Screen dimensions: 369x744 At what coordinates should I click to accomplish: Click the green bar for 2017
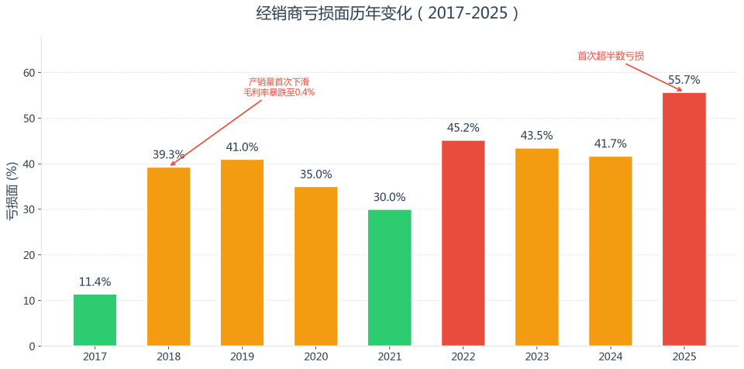click(x=95, y=320)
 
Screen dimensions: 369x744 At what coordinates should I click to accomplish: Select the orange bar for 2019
click(x=242, y=253)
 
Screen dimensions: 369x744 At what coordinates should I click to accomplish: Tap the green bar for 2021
click(x=389, y=278)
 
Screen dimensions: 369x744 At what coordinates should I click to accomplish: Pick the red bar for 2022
click(x=463, y=243)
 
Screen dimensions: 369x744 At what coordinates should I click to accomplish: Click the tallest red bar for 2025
click(x=684, y=219)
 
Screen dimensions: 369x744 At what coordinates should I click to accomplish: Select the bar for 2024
click(x=610, y=251)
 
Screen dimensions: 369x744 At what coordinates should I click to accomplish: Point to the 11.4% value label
click(x=95, y=282)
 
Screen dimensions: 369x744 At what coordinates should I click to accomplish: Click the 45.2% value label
click(x=463, y=128)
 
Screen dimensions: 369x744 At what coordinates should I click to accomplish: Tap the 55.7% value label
click(x=684, y=80)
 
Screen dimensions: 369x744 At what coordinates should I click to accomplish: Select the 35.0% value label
click(x=315, y=174)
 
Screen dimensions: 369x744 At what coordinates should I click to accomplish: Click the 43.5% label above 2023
click(x=536, y=136)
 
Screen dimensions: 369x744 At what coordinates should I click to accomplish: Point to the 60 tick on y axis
click(x=29, y=73)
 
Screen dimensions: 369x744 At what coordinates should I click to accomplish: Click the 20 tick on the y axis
click(x=29, y=255)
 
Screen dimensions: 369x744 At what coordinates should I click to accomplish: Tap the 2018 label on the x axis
click(x=168, y=357)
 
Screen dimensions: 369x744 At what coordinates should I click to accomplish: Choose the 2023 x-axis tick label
click(x=536, y=357)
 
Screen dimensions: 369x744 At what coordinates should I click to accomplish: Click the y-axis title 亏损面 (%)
click(x=12, y=191)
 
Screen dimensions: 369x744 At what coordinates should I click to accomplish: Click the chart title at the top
click(x=388, y=13)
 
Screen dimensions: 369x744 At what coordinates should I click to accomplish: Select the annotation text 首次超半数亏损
click(x=611, y=56)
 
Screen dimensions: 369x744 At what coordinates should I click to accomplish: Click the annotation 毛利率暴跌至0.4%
click(x=279, y=92)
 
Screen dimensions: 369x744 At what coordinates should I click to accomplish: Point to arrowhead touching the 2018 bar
click(x=172, y=164)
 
